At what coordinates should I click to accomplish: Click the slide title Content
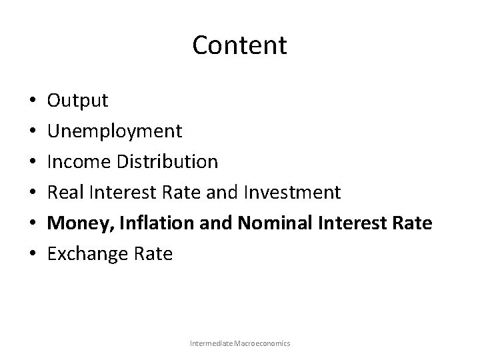point(239,45)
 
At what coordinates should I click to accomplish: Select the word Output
point(77,101)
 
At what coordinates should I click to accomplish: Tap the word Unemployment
point(114,131)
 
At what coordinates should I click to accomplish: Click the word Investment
point(293,192)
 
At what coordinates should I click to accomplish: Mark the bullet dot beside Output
point(32,101)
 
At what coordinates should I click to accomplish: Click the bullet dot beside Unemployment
point(32,132)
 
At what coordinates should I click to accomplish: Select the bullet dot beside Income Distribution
point(32,162)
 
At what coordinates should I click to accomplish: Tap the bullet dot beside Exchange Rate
point(32,254)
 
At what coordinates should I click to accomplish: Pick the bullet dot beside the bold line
point(32,223)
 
